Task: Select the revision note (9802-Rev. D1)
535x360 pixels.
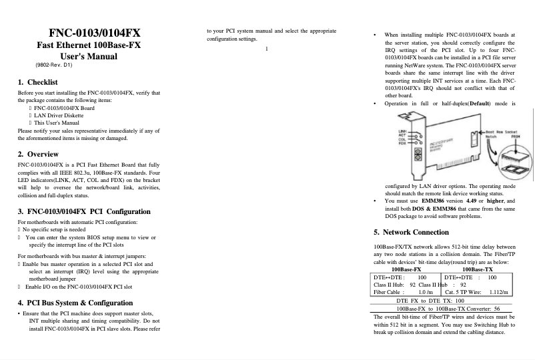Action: [53, 67]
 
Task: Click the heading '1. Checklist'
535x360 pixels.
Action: [37, 82]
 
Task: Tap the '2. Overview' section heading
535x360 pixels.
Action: [38, 154]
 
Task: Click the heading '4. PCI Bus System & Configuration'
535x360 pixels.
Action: [84, 303]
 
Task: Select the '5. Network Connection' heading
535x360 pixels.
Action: [412, 233]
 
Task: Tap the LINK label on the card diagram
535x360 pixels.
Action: [403, 131]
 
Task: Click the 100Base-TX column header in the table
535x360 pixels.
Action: [478, 268]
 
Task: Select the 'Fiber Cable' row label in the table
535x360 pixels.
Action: [387, 292]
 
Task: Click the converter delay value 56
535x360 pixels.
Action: [497, 309]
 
